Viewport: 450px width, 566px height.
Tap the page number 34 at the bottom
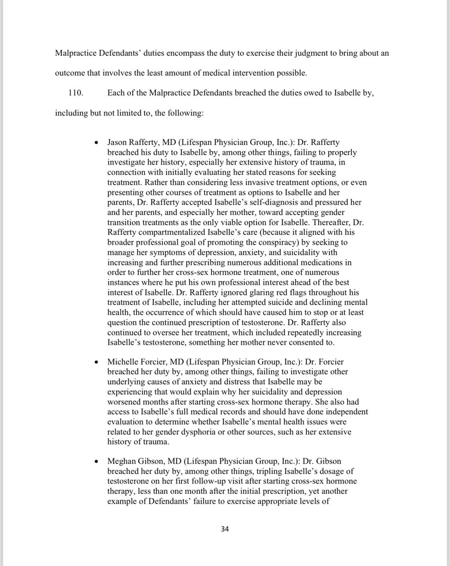click(x=225, y=529)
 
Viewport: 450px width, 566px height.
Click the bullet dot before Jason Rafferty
click(x=96, y=142)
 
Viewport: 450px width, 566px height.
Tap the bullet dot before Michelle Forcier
click(x=96, y=362)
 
